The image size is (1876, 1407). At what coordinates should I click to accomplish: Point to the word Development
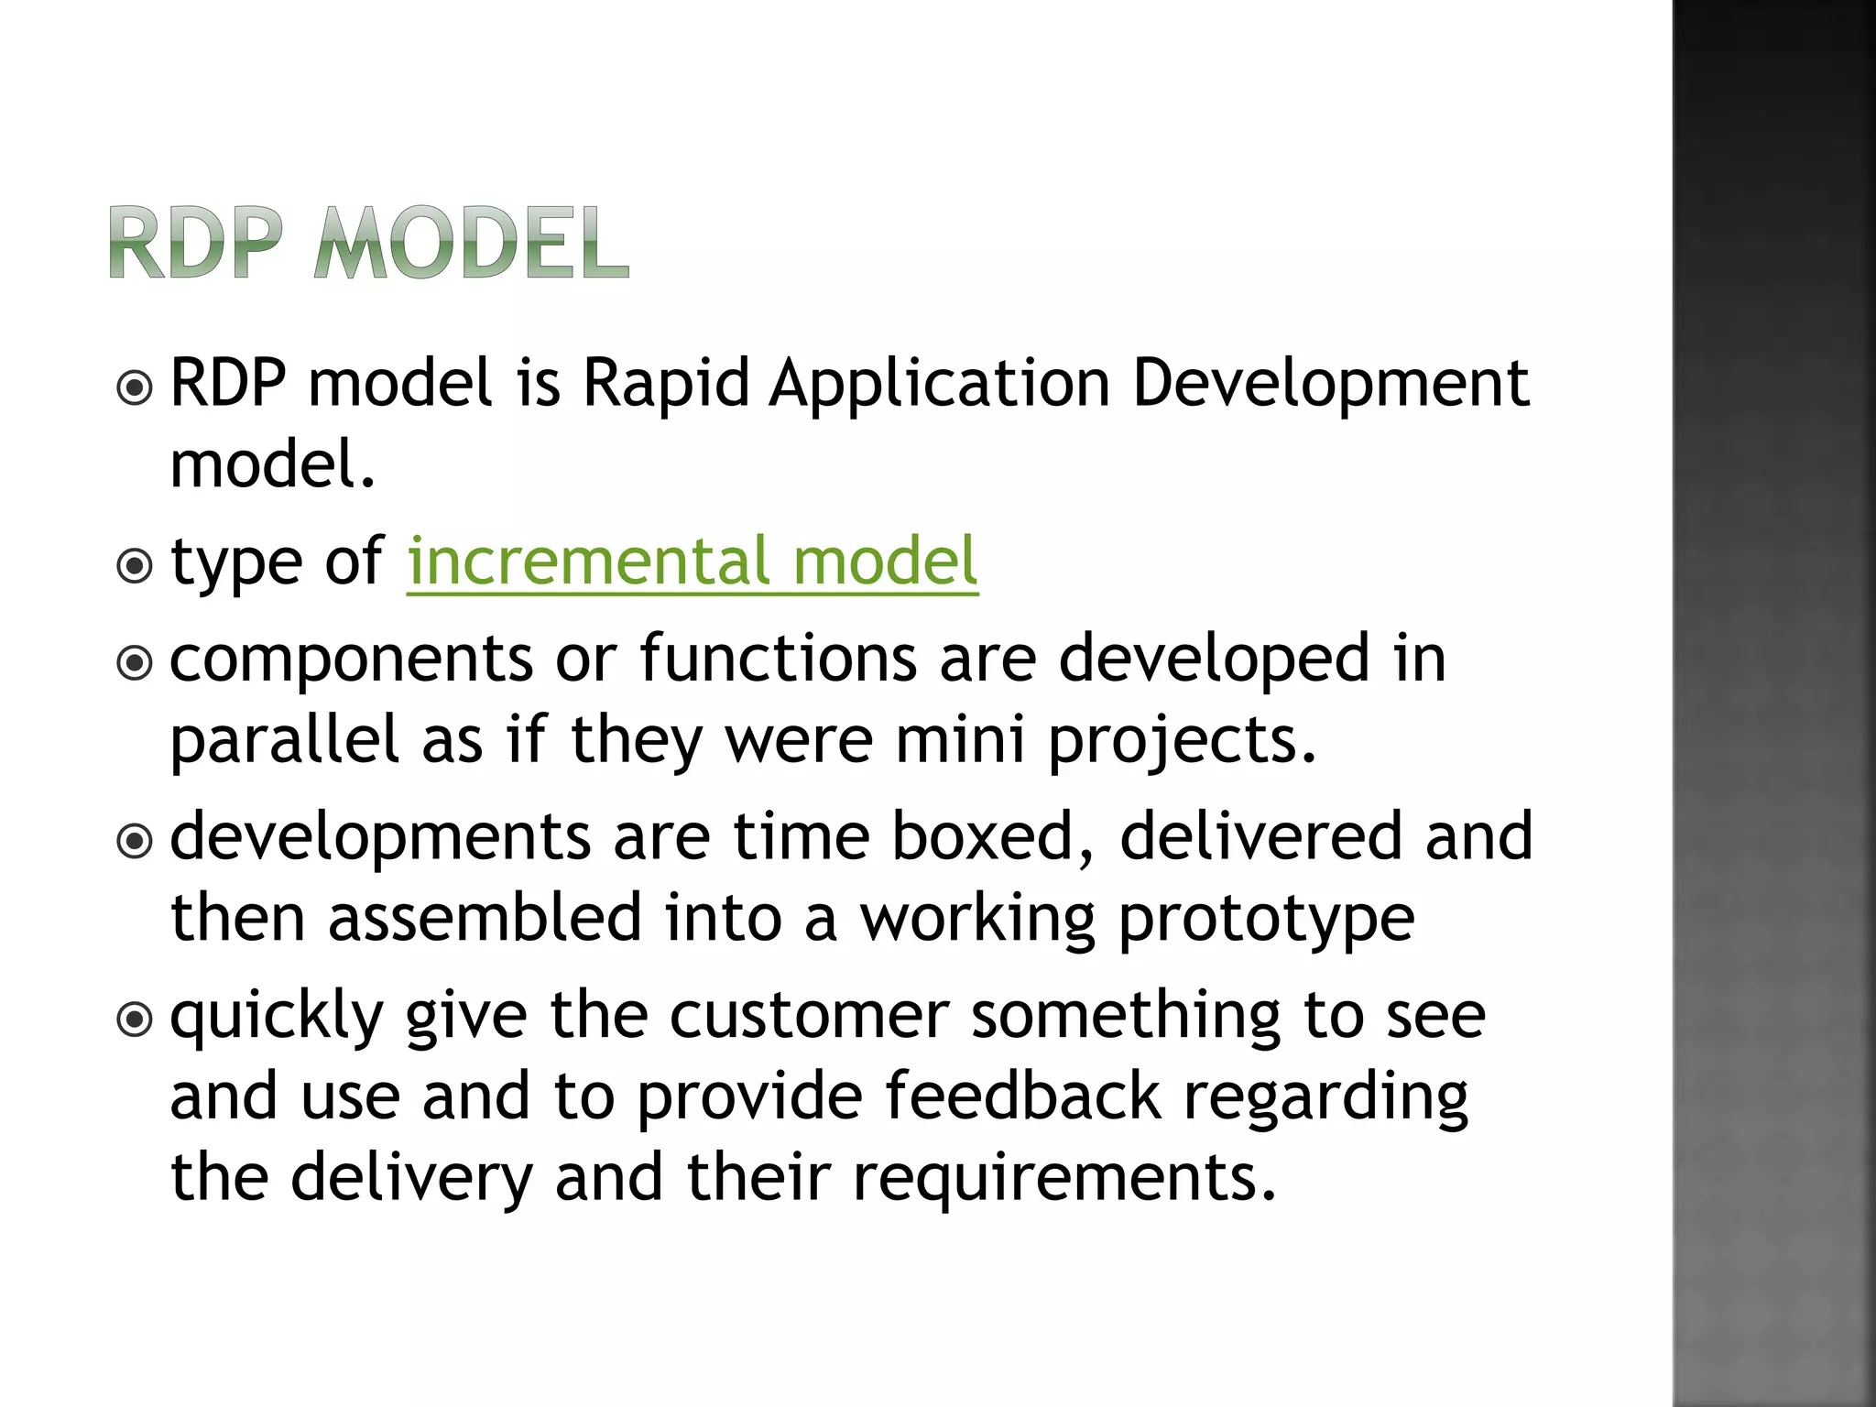point(1330,385)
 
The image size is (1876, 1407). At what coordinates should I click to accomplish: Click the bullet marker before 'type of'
point(136,566)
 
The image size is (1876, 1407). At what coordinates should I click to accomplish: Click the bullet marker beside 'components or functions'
point(136,663)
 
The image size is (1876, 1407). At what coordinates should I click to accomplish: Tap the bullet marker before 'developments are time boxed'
point(136,841)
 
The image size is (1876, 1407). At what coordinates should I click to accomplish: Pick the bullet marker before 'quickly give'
point(136,1019)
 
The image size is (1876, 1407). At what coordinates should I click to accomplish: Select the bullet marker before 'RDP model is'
point(136,388)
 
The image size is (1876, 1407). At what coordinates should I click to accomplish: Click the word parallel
point(285,739)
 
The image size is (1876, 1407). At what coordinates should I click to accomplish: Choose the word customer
point(810,1016)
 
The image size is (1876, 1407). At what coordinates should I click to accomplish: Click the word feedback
point(1022,1096)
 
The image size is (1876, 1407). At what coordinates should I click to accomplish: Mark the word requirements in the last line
point(1063,1178)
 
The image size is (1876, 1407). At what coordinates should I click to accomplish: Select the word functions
point(778,659)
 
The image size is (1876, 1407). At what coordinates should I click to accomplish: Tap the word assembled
point(485,917)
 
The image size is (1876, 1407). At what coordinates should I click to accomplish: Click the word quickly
point(277,1018)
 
